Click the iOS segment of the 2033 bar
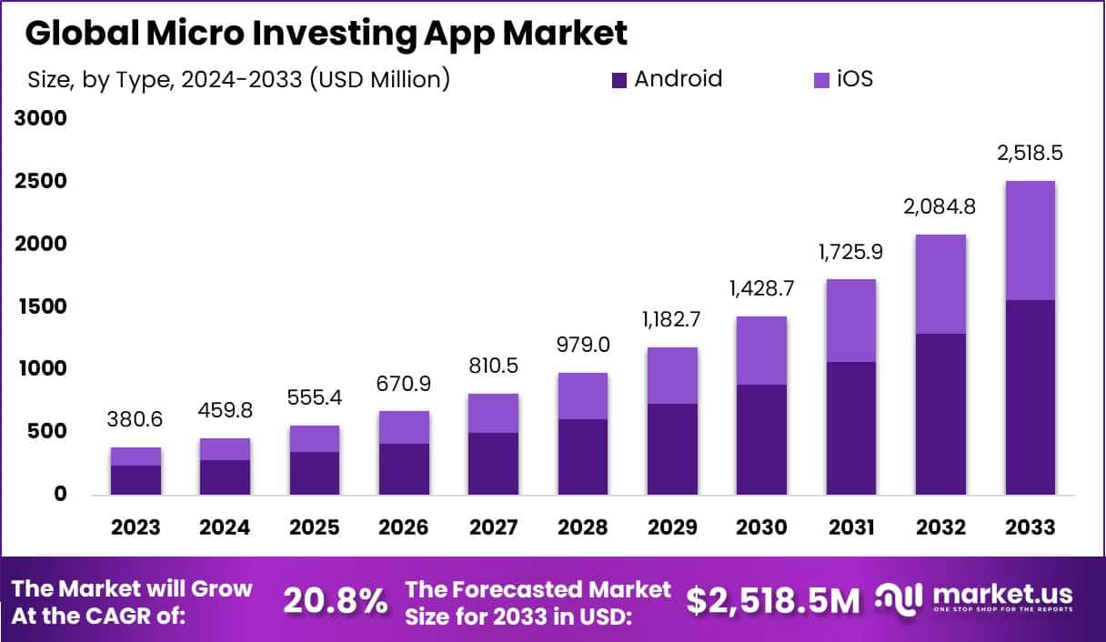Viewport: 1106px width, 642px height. coord(1031,241)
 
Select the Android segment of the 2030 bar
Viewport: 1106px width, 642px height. coord(761,439)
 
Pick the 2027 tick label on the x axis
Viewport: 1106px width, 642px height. coord(493,527)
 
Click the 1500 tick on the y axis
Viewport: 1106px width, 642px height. coord(42,306)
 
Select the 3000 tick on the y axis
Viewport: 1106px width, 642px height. coord(42,119)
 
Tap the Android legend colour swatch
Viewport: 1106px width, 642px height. coord(619,80)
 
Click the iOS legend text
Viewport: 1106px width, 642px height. coord(854,79)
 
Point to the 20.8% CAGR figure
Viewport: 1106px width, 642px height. coord(335,601)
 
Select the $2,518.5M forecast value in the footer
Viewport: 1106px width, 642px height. coord(772,601)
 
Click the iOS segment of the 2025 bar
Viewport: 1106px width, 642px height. coord(315,438)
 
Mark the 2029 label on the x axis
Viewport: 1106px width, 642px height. coord(672,527)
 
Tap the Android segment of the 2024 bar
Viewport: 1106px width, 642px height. coord(226,476)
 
